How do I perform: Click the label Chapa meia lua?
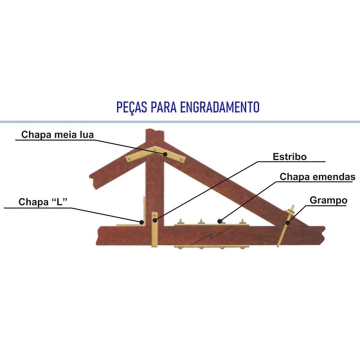pos(57,134)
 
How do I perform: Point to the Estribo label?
pos(289,156)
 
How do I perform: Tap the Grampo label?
pos(328,200)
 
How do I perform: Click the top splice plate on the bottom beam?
pos(210,223)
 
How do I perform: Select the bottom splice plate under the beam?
pos(210,246)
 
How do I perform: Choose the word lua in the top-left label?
pos(86,134)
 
